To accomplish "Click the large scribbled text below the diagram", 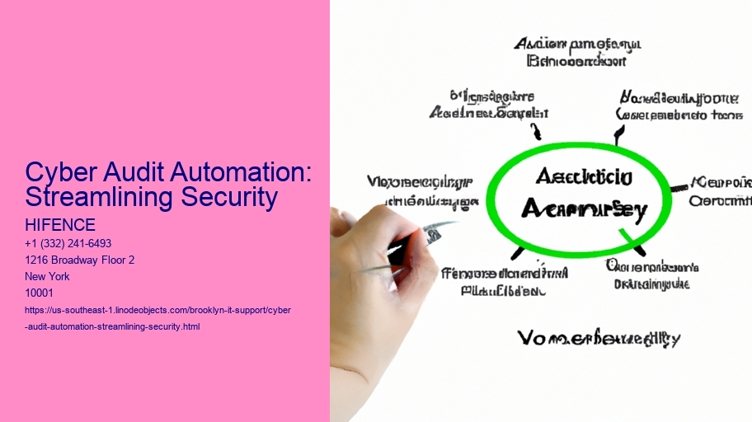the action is (599, 338).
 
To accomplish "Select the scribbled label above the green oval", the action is (576, 51).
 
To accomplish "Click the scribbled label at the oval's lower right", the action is (652, 275).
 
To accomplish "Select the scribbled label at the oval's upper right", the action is (680, 105).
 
